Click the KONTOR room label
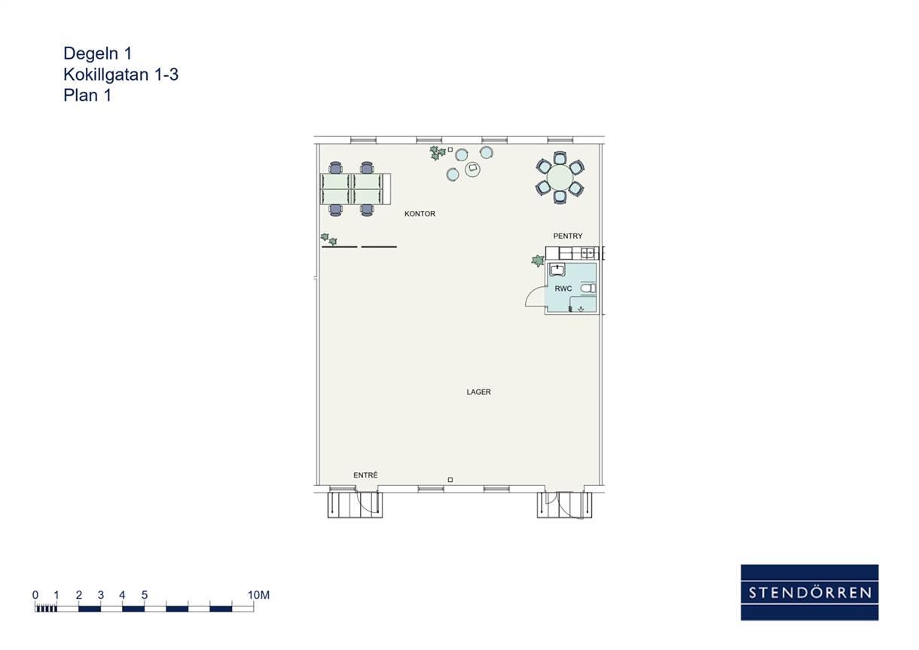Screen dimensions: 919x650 [x=420, y=214]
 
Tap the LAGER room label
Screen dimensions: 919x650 [x=478, y=392]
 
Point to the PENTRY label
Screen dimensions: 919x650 [x=568, y=236]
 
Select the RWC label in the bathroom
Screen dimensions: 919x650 [x=563, y=288]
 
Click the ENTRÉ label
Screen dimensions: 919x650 [x=365, y=475]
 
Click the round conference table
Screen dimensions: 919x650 [x=560, y=178]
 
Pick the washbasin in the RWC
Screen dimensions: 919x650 [x=557, y=270]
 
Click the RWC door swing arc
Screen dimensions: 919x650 [x=532, y=292]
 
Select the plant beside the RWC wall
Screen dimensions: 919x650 [x=537, y=261]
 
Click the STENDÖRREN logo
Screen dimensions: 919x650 [x=810, y=592]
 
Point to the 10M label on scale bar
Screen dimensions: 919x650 [x=258, y=594]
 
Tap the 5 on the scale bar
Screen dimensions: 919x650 [x=145, y=594]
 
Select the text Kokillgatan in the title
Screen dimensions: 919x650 [x=106, y=75]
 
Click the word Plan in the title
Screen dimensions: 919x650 [x=81, y=96]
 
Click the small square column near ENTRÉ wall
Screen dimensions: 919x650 [x=450, y=479]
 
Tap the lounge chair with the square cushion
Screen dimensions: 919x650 [x=472, y=168]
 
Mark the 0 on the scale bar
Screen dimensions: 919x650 [x=35, y=594]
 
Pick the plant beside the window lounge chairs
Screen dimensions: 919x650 [x=437, y=153]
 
